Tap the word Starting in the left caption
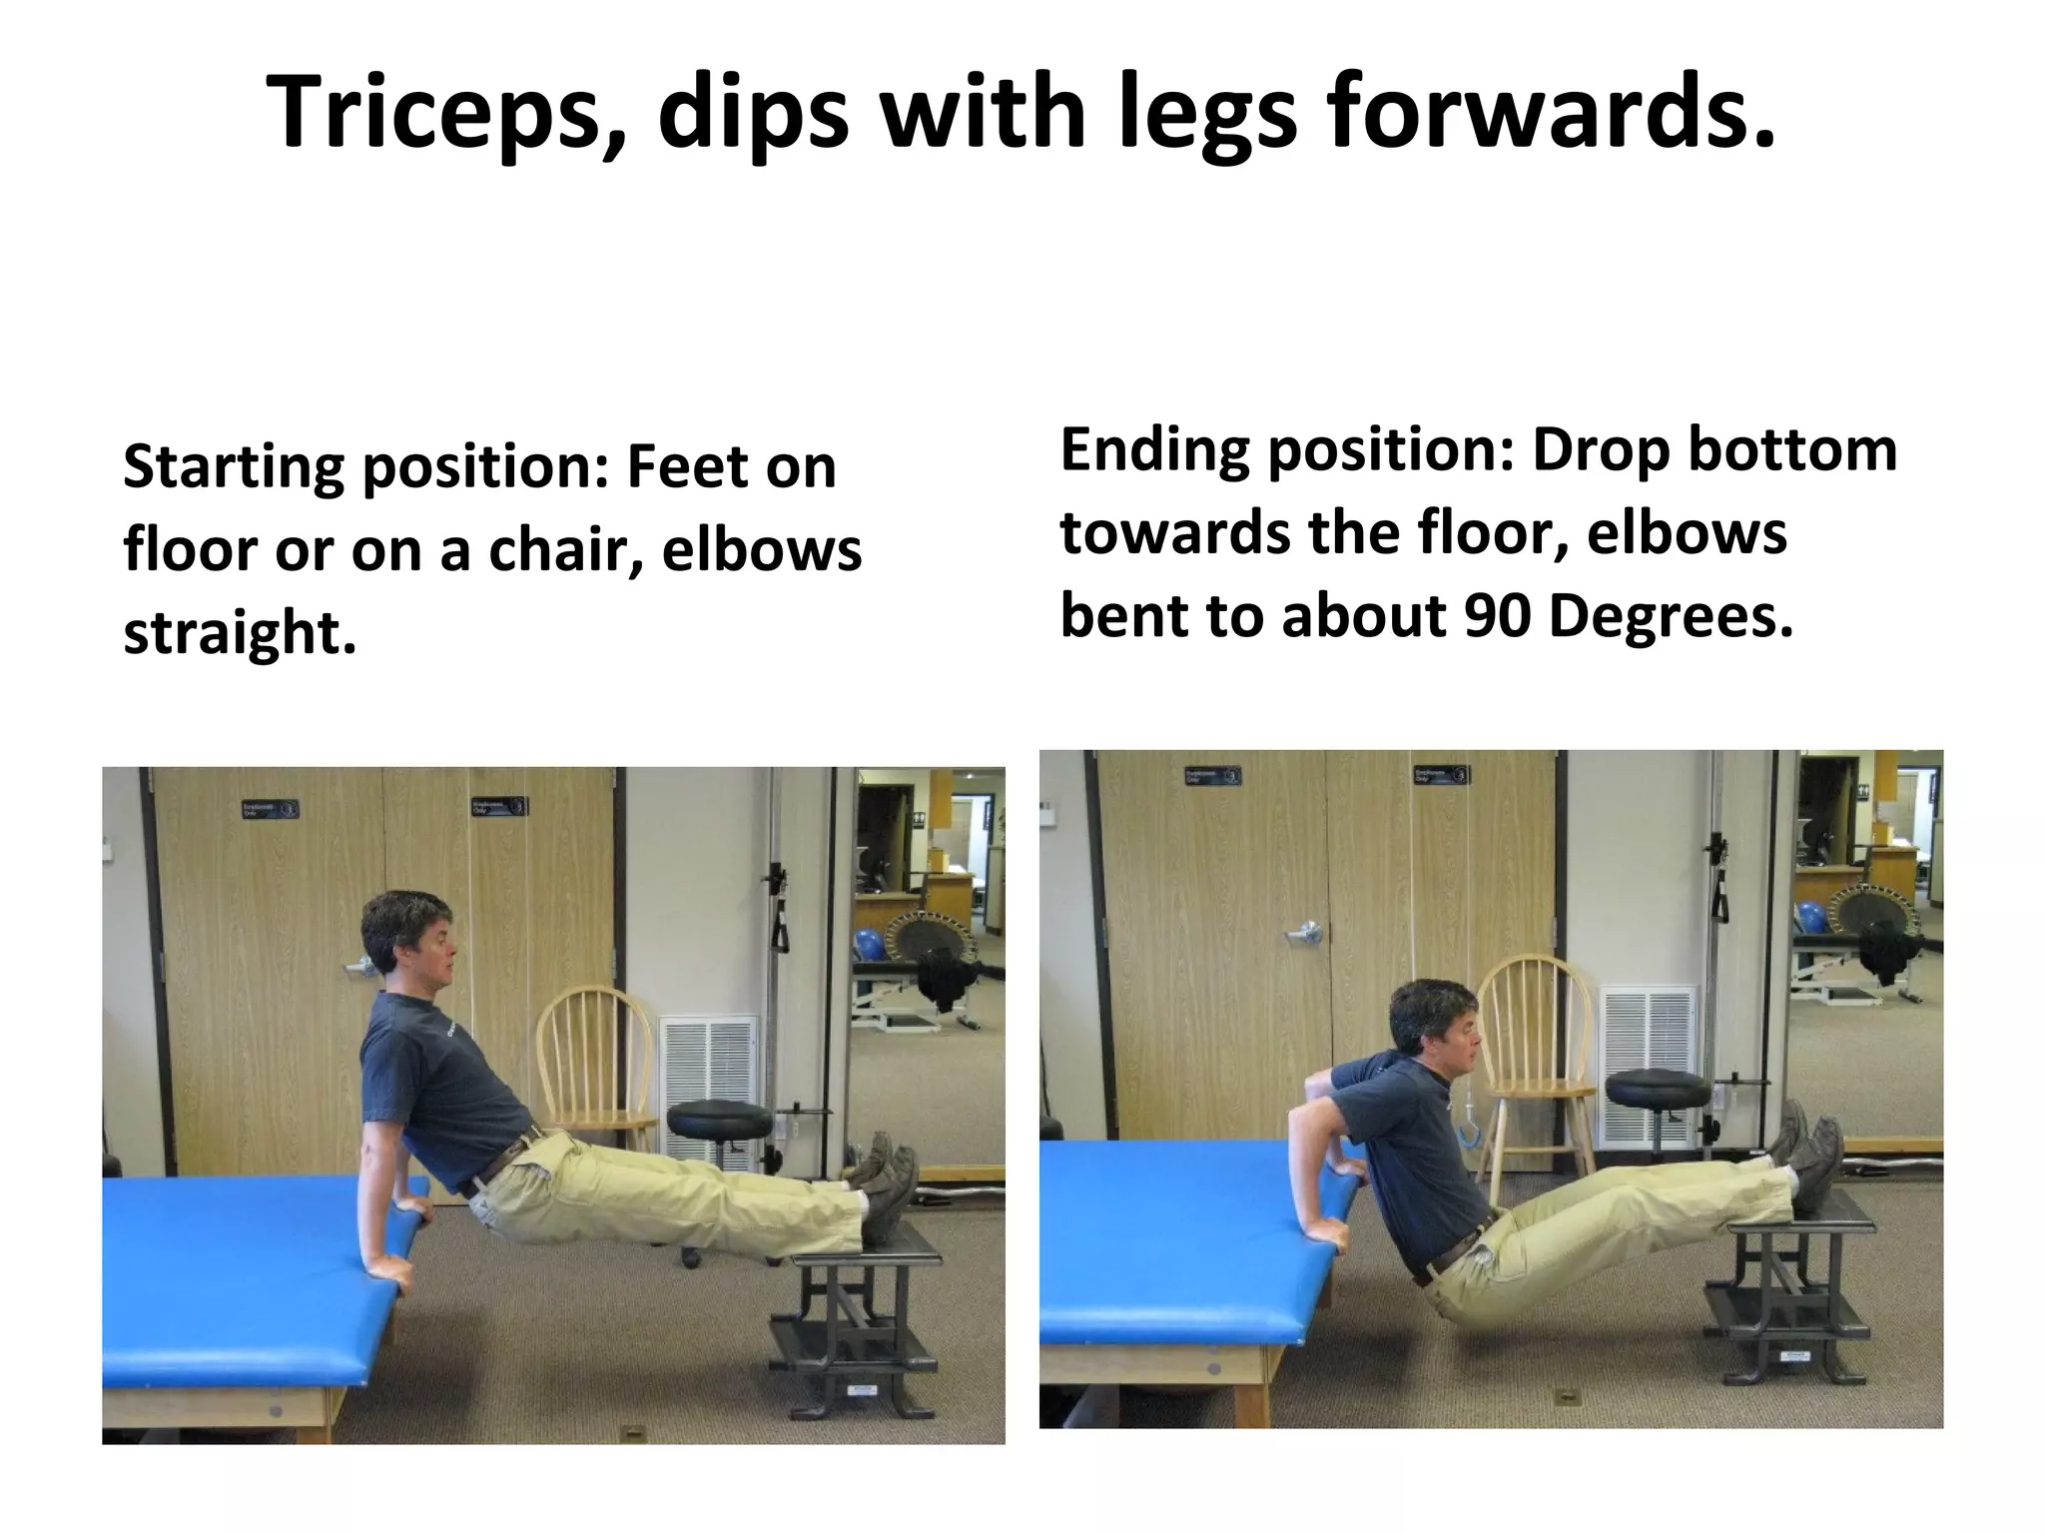pos(233,466)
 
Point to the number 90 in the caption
pos(1497,615)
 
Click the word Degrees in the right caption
pos(1671,615)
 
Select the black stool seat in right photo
pos(1658,1087)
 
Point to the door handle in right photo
pos(1304,933)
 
